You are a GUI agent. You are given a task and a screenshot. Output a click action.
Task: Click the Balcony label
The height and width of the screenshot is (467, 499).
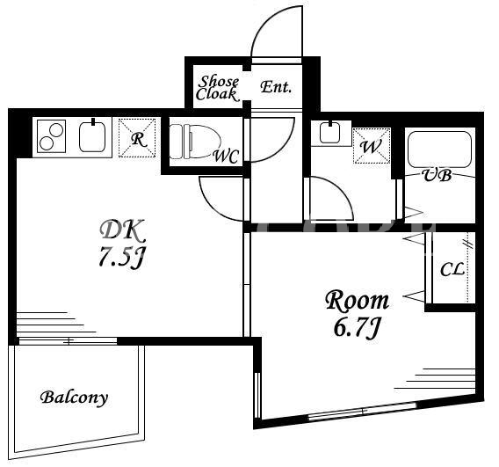tap(74, 398)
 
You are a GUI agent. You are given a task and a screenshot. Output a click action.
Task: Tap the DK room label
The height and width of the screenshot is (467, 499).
tap(123, 231)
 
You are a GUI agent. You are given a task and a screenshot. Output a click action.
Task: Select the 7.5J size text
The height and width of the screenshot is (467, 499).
tap(121, 257)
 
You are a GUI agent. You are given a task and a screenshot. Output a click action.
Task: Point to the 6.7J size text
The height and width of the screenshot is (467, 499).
tap(357, 328)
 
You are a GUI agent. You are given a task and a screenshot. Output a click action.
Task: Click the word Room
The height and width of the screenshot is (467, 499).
tap(357, 301)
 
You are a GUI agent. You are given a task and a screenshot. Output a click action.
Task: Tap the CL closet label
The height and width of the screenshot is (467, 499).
tap(452, 271)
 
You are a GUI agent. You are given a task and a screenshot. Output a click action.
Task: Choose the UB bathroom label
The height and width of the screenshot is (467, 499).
tap(437, 175)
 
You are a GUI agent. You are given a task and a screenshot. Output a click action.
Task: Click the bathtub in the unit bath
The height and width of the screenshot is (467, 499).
tap(439, 150)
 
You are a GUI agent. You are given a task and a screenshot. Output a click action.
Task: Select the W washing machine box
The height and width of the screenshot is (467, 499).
tap(372, 146)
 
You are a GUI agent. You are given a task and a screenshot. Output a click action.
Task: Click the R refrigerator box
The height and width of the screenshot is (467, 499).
tap(137, 137)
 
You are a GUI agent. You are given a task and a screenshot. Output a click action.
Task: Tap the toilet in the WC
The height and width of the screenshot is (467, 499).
tap(195, 142)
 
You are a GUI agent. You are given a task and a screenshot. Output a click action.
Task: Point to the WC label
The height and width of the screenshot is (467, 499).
tap(226, 156)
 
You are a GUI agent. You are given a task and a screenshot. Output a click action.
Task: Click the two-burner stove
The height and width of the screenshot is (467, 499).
tap(51, 136)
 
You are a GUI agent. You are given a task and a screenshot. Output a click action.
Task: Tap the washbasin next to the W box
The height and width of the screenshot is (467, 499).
tap(330, 133)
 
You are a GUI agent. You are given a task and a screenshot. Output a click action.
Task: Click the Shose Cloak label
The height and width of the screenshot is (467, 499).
tap(218, 88)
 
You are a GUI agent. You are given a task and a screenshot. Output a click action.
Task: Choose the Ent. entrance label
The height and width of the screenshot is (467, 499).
tap(276, 87)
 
